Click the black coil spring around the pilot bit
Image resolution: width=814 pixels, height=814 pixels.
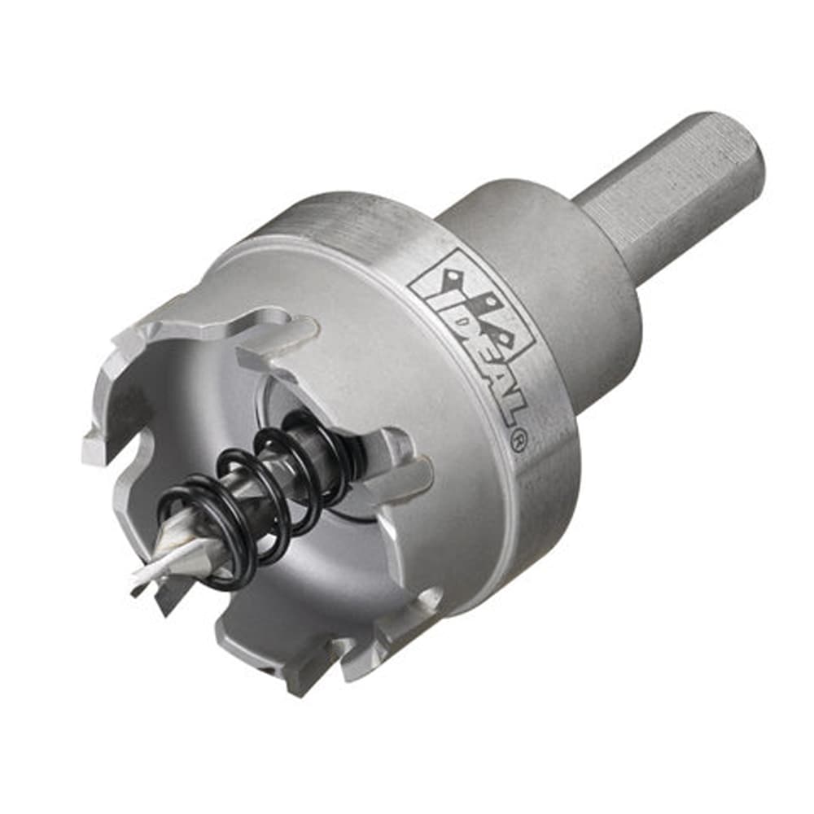pyautogui.click(x=260, y=497)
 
